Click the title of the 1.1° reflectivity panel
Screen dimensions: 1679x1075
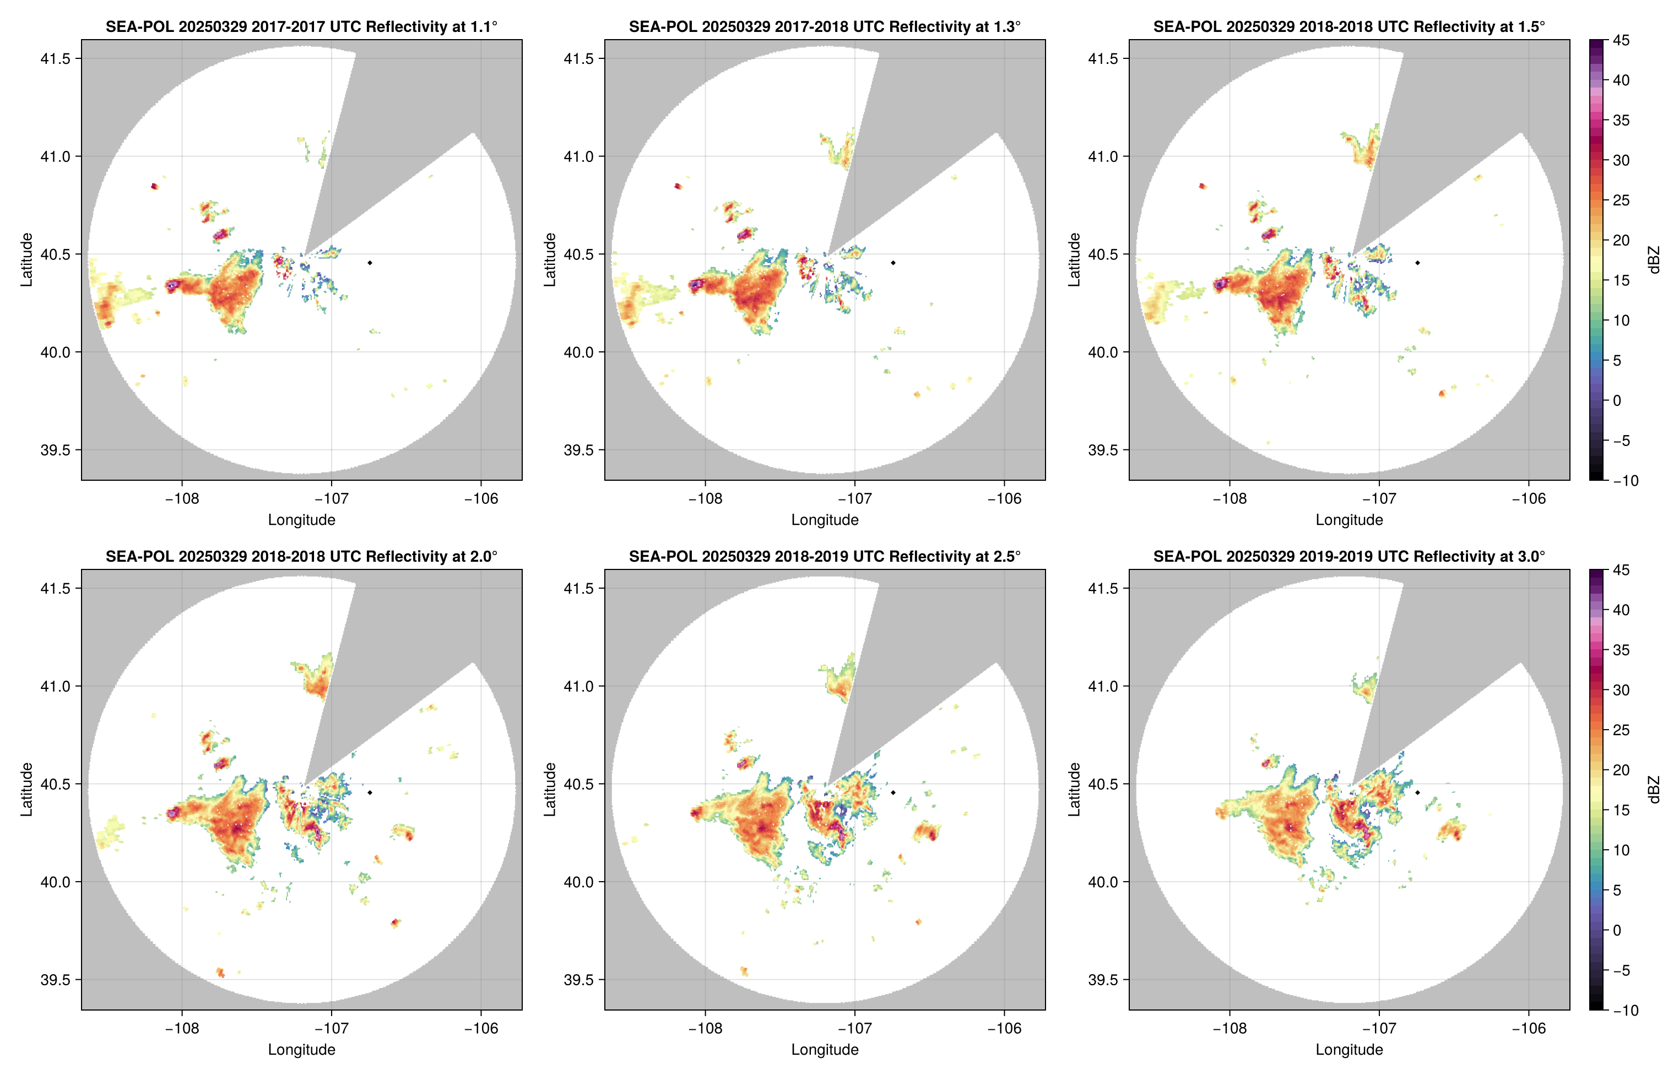301,26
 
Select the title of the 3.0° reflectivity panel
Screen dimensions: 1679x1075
1349,556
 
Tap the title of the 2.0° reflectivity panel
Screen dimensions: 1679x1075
301,556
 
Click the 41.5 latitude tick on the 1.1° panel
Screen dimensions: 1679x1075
55,58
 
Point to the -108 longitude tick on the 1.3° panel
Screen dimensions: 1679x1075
705,498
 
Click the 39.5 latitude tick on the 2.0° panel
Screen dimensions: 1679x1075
55,979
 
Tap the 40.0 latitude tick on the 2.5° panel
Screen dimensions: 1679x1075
579,882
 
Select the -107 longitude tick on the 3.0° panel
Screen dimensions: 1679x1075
1379,1028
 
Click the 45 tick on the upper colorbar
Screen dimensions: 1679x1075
1621,41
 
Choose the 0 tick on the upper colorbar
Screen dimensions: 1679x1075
1617,401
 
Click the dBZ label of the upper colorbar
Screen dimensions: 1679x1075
1653,260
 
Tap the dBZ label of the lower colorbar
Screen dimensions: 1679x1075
1653,790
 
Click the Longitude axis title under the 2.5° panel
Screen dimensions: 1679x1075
825,1049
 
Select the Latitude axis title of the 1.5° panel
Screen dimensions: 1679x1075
1074,260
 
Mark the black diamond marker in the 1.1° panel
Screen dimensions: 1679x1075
369,263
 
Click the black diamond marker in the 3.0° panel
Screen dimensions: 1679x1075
1417,792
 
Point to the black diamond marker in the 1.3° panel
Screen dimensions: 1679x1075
893,263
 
